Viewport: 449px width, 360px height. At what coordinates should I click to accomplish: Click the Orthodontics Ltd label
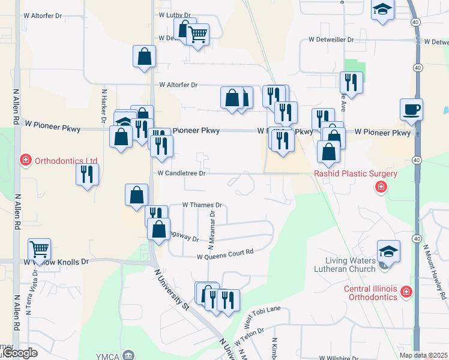(66, 161)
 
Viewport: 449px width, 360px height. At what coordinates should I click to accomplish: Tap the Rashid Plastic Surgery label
(355, 174)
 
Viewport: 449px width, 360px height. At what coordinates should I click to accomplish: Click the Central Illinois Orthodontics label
(370, 293)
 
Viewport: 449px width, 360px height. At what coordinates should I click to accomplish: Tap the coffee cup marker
(412, 110)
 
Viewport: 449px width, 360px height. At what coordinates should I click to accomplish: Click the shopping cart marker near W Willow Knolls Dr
(39, 248)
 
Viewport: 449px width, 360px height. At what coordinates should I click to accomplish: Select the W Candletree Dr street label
(182, 173)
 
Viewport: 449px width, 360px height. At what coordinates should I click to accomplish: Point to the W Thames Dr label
(202, 205)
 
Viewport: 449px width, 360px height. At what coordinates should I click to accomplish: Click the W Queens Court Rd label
(226, 257)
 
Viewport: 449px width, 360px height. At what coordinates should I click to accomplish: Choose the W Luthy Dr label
(175, 14)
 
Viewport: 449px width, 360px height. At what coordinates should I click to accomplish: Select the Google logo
(19, 353)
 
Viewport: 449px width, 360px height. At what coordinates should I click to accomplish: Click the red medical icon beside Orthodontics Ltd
(25, 160)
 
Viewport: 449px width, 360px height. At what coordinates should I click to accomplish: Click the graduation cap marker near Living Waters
(388, 251)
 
